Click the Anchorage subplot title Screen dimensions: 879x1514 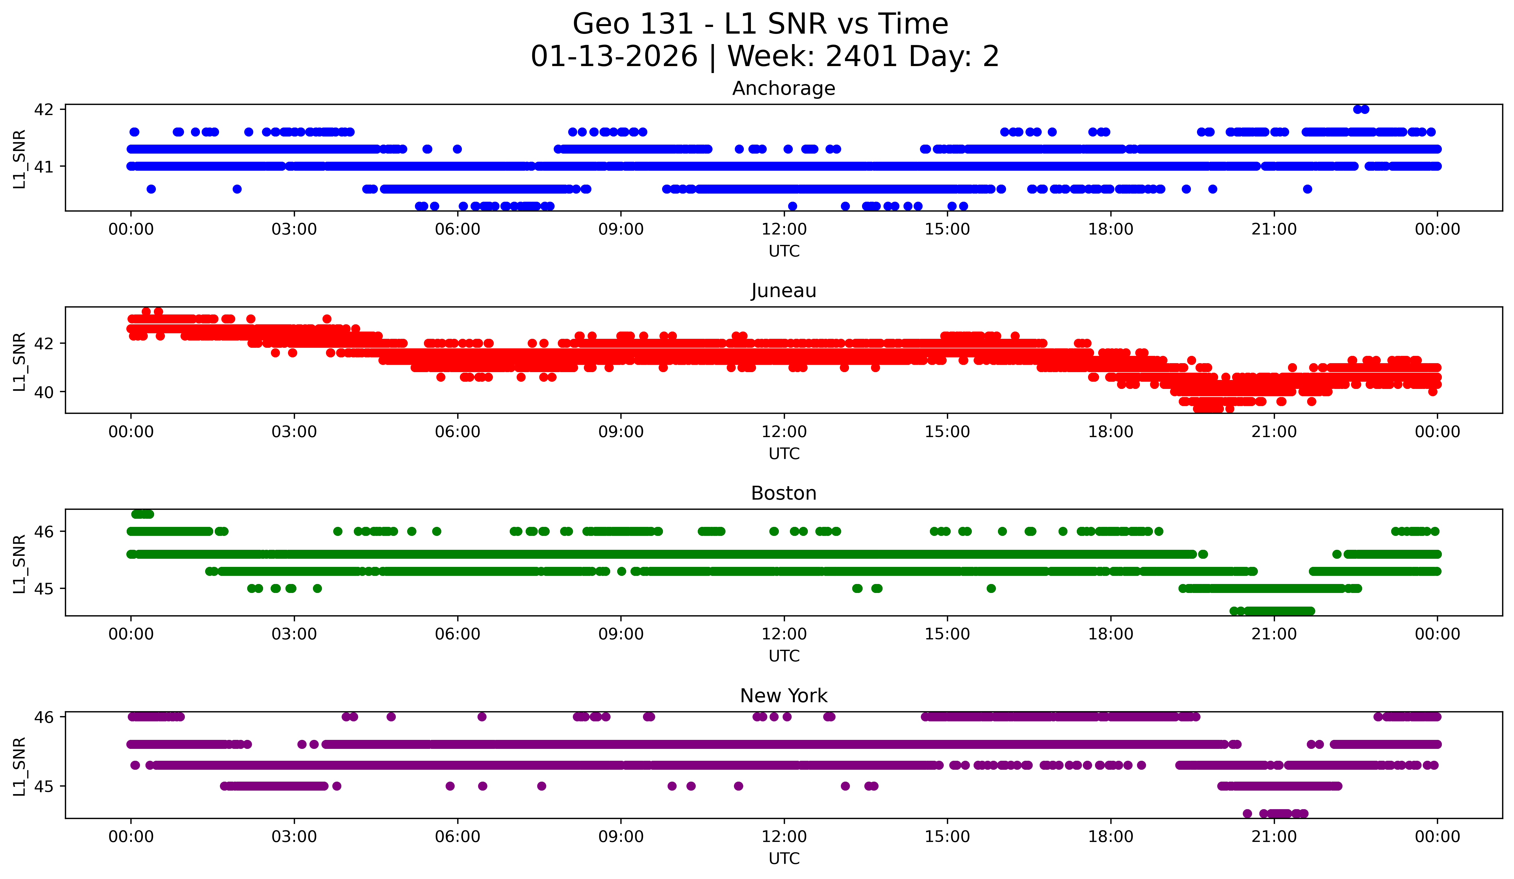pyautogui.click(x=784, y=88)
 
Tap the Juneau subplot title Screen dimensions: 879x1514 pyautogui.click(x=784, y=291)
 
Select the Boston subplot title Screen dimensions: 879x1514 pyautogui.click(x=784, y=493)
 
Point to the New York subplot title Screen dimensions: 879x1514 pyautogui.click(x=784, y=696)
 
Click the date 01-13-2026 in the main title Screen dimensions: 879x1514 pyautogui.click(x=614, y=57)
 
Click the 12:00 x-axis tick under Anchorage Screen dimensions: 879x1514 pyautogui.click(x=784, y=230)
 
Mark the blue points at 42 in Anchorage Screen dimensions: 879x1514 pyautogui.click(x=1361, y=109)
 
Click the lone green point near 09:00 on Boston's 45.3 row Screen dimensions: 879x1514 pyautogui.click(x=622, y=572)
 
